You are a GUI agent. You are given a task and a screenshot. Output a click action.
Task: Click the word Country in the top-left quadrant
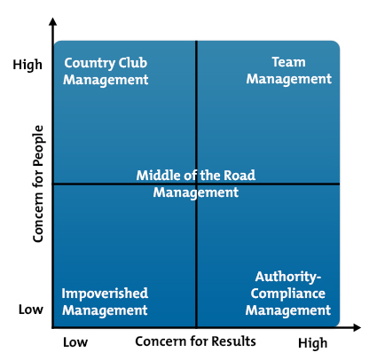(x=90, y=64)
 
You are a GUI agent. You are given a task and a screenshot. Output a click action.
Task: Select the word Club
(x=133, y=63)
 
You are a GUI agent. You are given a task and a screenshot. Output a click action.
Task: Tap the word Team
(x=288, y=62)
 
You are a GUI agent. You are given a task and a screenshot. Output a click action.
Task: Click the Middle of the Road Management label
(x=196, y=184)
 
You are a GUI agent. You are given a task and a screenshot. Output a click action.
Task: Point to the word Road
(x=240, y=176)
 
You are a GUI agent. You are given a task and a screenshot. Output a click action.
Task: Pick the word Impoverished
(x=105, y=293)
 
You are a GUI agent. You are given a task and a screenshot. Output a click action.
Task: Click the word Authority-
(x=288, y=278)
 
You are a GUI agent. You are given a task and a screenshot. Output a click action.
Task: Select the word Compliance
(x=288, y=293)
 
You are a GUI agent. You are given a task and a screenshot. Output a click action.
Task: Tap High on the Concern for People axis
(x=27, y=65)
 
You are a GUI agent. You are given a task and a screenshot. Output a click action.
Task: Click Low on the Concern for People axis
(x=31, y=309)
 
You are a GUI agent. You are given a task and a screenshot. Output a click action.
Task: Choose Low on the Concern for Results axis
(x=75, y=342)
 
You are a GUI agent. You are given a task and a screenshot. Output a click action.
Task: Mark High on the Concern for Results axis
(x=313, y=343)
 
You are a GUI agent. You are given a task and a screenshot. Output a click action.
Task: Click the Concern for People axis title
(x=38, y=184)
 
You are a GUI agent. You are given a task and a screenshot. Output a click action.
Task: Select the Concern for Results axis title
(x=195, y=341)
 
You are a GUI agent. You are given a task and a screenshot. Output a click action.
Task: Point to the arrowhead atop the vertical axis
(x=53, y=21)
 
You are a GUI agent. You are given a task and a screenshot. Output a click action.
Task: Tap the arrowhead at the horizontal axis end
(x=357, y=327)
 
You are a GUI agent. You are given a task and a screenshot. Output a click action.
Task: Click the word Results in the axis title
(x=233, y=341)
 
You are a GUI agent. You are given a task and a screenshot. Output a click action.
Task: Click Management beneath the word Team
(x=289, y=79)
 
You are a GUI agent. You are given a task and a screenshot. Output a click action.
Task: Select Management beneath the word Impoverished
(x=105, y=310)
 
